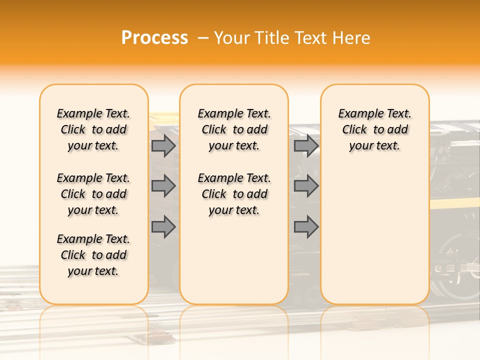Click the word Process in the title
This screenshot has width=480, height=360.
coord(154,38)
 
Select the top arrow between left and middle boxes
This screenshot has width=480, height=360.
coord(163,145)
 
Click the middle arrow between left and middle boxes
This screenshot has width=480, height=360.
coord(163,186)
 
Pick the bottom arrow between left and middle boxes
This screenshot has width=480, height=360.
coord(163,227)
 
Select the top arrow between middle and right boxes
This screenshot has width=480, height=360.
coord(306,145)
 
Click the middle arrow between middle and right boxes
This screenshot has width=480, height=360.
coord(306,186)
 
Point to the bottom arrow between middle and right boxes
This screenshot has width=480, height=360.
coord(306,227)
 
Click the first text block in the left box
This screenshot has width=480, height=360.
coord(93,129)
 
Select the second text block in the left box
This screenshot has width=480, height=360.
coord(93,194)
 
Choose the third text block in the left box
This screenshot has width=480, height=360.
coord(93,255)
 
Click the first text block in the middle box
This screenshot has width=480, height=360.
coord(234,129)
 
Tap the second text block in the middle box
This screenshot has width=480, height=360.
coord(234,194)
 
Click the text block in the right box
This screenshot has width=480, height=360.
coord(374,129)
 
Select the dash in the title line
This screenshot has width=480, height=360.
coord(203,38)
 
